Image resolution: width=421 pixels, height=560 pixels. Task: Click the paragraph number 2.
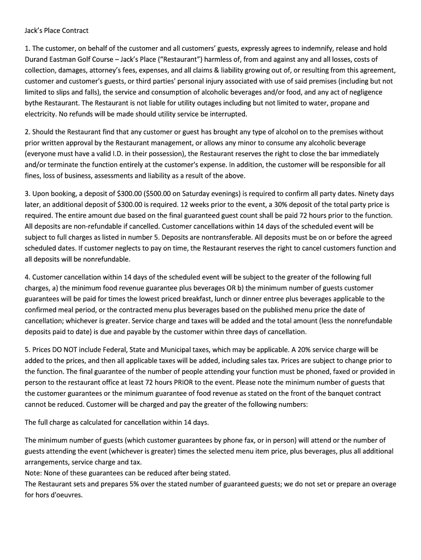pyautogui.click(x=27, y=132)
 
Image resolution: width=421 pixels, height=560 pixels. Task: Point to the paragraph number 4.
pyautogui.click(x=27, y=277)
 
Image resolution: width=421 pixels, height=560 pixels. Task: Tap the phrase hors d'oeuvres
pyautogui.click(x=59, y=495)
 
